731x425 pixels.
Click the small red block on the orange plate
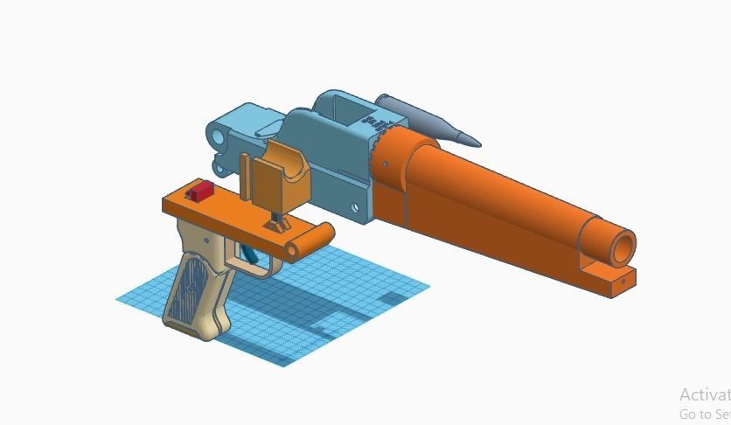(200, 190)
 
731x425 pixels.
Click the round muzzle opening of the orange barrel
(622, 247)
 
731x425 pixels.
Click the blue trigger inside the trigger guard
(250, 254)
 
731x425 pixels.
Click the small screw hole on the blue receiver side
(355, 207)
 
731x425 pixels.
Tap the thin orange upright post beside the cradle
(246, 178)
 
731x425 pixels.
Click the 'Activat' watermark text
(703, 394)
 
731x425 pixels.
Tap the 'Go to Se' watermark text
(704, 414)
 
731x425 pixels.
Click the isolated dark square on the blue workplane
(393, 298)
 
